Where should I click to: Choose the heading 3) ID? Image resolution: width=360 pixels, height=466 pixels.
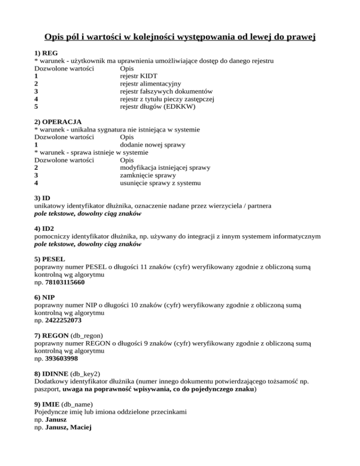coord(42,198)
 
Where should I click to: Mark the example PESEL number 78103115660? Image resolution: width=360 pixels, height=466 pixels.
coord(66,283)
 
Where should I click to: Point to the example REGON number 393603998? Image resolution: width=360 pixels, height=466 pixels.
coord(62,360)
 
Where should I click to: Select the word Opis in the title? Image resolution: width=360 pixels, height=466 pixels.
coord(55,36)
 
